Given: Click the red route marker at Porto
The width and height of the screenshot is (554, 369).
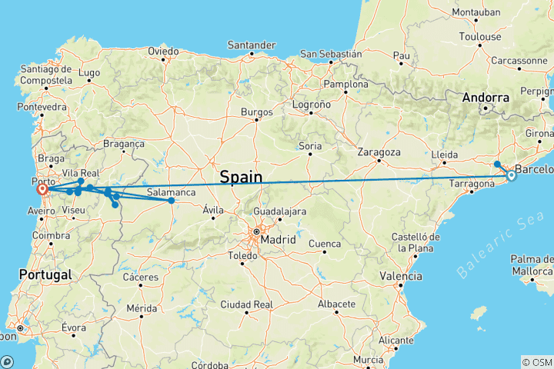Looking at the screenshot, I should pos(43,189).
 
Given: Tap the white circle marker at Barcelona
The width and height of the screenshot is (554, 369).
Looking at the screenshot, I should pos(511,175).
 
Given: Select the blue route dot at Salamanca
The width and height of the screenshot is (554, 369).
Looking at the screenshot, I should pos(172,201).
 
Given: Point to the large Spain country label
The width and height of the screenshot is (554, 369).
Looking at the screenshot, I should pos(241,178).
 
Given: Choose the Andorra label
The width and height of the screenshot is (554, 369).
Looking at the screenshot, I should pos(486,98).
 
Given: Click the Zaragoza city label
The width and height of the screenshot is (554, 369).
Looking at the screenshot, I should pos(380,151).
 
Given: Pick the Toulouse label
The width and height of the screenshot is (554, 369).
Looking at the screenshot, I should pos(480,36).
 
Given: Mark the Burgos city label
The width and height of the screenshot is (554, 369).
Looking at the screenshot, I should pos(257,112).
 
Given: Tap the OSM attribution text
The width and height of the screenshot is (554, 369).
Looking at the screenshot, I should pos(536,361).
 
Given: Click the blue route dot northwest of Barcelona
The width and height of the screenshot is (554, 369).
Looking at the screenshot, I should pos(498,164).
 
